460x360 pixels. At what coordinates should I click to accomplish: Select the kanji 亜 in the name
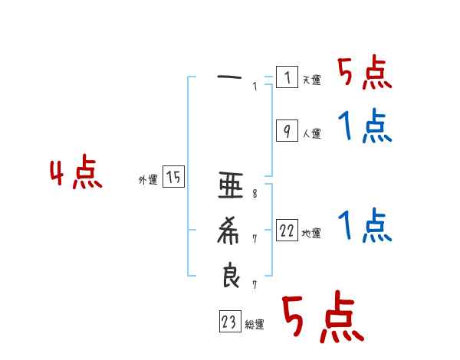(x=231, y=185)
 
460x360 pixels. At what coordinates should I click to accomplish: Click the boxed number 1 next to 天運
(x=286, y=77)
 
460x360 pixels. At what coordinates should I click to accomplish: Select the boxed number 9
(x=286, y=131)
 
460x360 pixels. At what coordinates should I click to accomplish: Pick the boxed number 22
(x=287, y=231)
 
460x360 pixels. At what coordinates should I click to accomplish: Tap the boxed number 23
(x=229, y=322)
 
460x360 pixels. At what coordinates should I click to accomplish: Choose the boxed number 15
(x=173, y=178)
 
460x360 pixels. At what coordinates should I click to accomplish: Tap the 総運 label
(x=255, y=325)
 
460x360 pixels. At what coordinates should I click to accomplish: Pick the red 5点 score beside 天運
(x=364, y=74)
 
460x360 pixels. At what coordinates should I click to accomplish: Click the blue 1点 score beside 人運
(x=364, y=126)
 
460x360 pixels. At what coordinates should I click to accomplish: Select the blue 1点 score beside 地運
(x=364, y=227)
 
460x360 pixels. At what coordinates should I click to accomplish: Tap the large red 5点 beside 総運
(x=322, y=319)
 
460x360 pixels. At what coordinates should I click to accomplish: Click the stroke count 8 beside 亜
(x=255, y=194)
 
